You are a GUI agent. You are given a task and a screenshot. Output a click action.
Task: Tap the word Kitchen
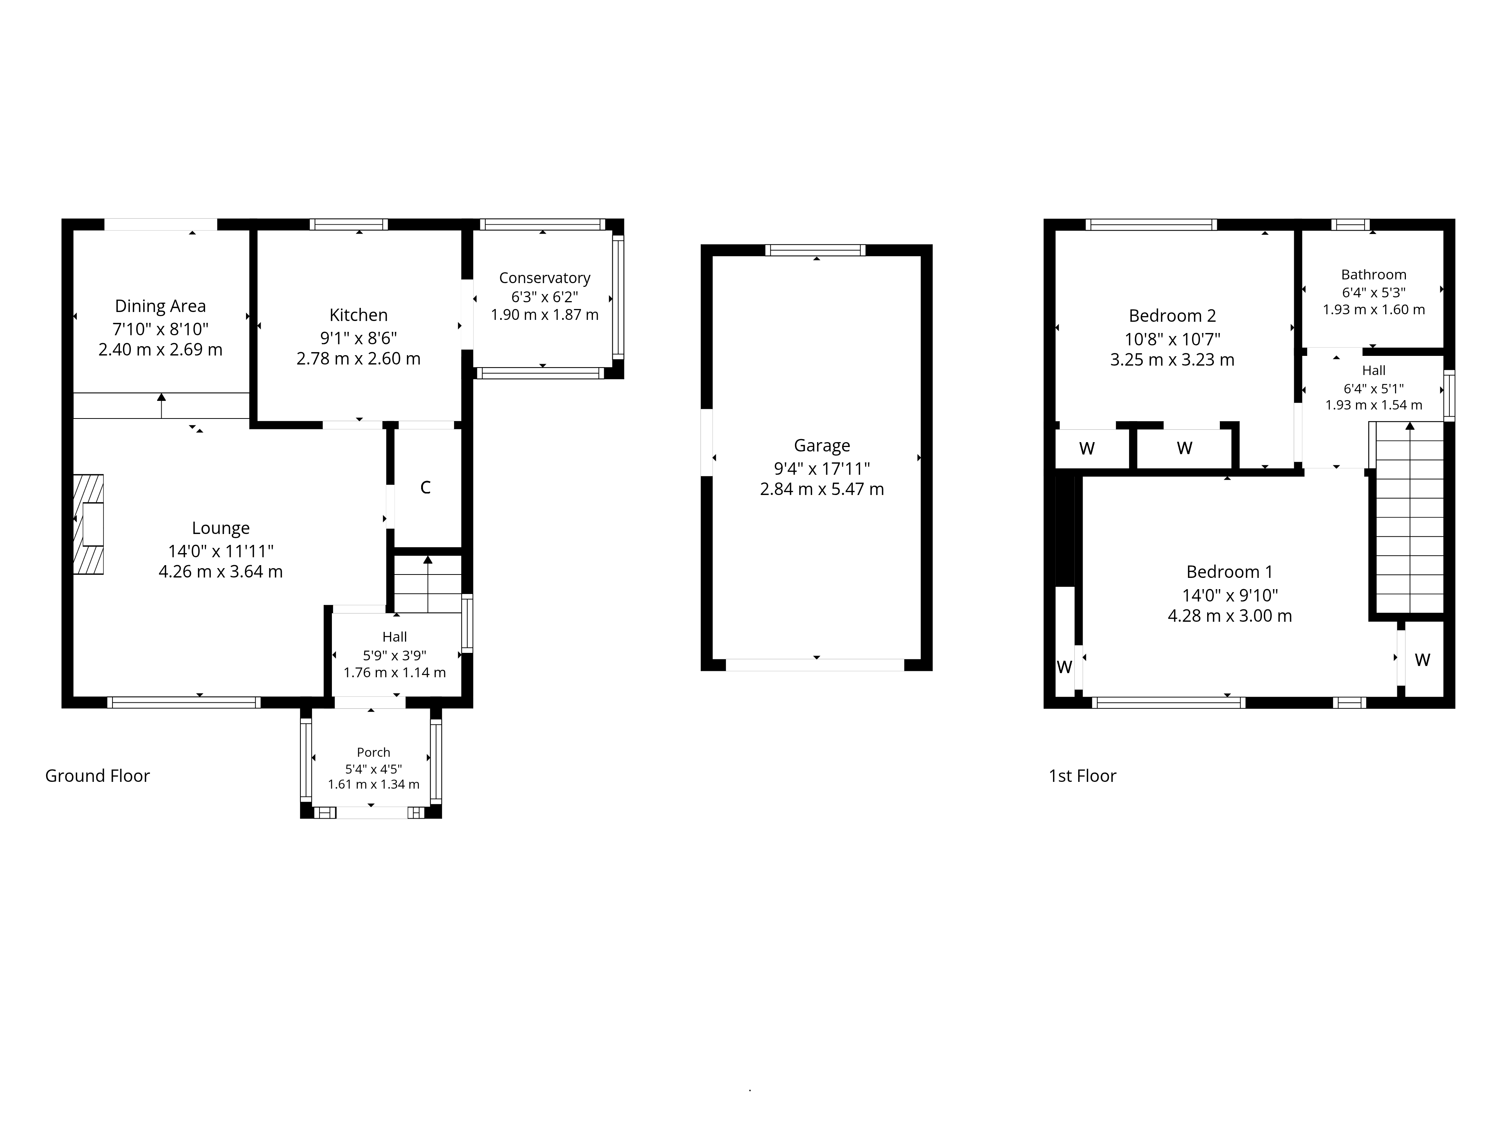(359, 315)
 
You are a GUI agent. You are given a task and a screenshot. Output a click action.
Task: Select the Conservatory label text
(544, 278)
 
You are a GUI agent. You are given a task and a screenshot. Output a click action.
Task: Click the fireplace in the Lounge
(88, 524)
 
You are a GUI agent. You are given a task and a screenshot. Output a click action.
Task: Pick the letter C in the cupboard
(425, 487)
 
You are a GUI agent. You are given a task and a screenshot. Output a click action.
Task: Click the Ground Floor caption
(97, 776)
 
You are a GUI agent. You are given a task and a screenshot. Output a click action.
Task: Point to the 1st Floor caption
(1082, 776)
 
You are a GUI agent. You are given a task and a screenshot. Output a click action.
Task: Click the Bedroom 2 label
(1173, 316)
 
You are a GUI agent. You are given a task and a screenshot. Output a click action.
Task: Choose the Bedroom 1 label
(1229, 572)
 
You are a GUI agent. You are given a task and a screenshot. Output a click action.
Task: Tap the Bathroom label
(1374, 274)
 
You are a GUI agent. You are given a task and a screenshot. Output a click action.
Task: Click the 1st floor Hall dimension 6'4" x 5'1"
(1374, 388)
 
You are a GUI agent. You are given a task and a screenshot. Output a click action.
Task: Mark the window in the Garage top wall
(816, 250)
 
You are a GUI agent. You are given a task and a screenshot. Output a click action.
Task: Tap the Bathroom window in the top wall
(1350, 225)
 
